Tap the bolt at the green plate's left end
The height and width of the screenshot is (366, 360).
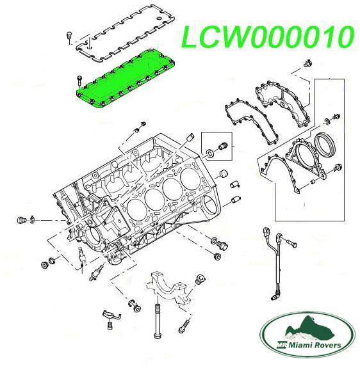point(78,80)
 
